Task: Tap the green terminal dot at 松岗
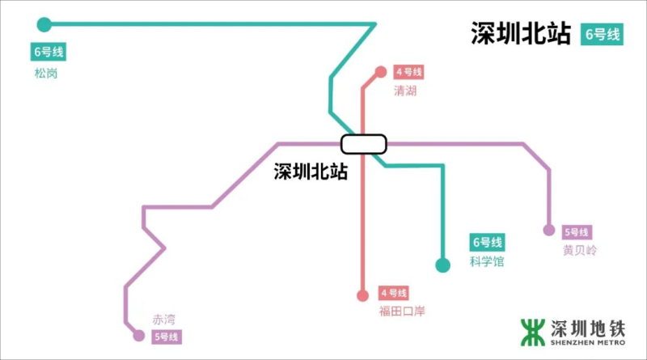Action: (x=44, y=24)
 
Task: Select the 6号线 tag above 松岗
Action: (x=48, y=53)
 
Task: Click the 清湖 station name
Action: (x=404, y=91)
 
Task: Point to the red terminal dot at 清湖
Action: (x=381, y=72)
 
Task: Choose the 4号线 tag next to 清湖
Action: (x=409, y=72)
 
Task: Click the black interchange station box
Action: (x=364, y=144)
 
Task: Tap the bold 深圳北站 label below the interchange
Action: (x=310, y=172)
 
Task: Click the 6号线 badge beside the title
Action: (x=602, y=34)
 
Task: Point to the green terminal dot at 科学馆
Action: (x=442, y=265)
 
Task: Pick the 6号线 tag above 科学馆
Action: (x=487, y=243)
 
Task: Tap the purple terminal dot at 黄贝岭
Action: (x=549, y=231)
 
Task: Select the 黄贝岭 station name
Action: (x=579, y=251)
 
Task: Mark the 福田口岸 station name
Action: (x=401, y=311)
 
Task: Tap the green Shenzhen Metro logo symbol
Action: (x=532, y=331)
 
